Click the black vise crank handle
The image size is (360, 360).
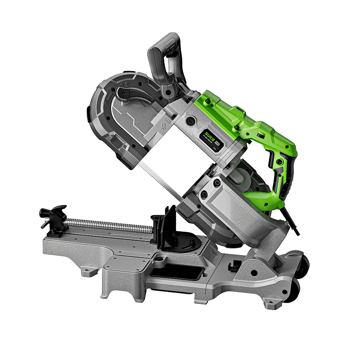tap(52, 214)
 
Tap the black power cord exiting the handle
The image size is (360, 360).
tap(292, 225)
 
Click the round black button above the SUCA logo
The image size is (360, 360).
tap(190, 121)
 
